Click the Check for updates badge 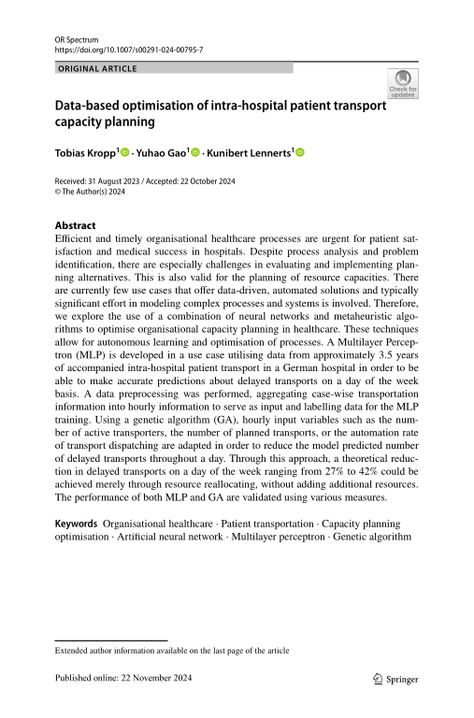click(x=403, y=84)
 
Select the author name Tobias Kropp click(x=85, y=151)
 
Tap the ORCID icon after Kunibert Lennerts click(x=302, y=151)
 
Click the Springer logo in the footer click(x=394, y=680)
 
